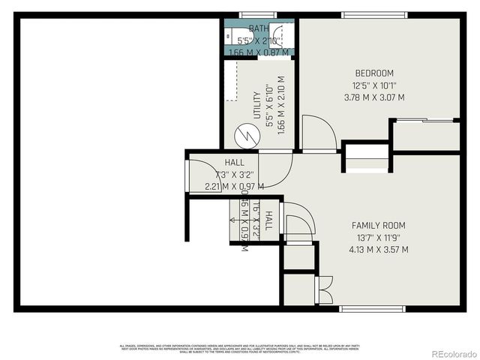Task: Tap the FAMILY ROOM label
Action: click(x=379, y=225)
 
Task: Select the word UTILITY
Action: click(x=257, y=105)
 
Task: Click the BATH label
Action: click(x=258, y=29)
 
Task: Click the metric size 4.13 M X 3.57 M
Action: click(x=379, y=250)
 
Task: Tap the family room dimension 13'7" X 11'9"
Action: click(x=379, y=238)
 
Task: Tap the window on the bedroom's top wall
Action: click(x=374, y=14)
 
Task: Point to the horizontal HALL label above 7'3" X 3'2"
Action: click(x=234, y=163)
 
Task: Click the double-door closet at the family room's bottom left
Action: click(x=323, y=289)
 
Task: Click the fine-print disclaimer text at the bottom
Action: click(x=240, y=347)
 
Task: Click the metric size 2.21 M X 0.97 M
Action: click(x=234, y=187)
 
